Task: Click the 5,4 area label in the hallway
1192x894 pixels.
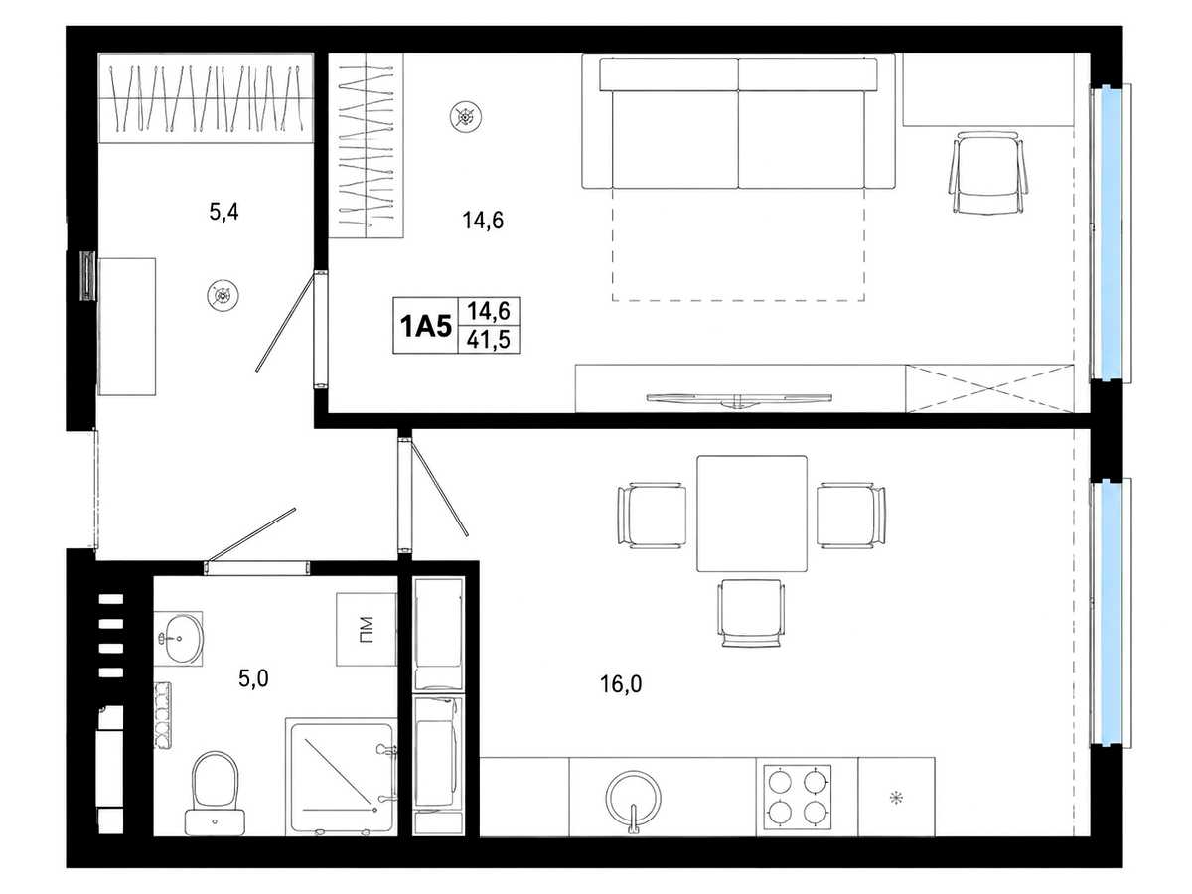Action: click(x=223, y=212)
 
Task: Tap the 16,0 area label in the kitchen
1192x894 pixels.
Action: click(x=621, y=684)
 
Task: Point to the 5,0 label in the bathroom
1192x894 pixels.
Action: click(x=253, y=678)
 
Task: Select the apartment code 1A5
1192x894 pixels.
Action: click(x=426, y=327)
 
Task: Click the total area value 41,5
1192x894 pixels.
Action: click(x=489, y=341)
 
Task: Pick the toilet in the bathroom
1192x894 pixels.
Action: click(x=215, y=793)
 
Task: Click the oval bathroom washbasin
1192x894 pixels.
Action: click(x=183, y=639)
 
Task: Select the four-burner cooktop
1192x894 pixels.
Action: click(x=798, y=798)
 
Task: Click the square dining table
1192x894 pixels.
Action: click(x=752, y=514)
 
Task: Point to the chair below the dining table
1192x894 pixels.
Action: click(x=751, y=613)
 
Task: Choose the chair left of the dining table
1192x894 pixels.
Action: click(x=651, y=516)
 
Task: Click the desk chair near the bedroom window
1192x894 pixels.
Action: click(x=987, y=173)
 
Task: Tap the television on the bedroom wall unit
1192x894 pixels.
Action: click(x=739, y=399)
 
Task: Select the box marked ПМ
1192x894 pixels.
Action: click(x=367, y=630)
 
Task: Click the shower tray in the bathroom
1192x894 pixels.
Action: click(x=342, y=778)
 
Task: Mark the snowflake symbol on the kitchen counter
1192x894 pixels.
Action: click(x=896, y=798)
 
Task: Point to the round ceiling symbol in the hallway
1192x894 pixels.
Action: click(x=223, y=295)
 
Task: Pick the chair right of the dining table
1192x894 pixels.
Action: click(x=851, y=516)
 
